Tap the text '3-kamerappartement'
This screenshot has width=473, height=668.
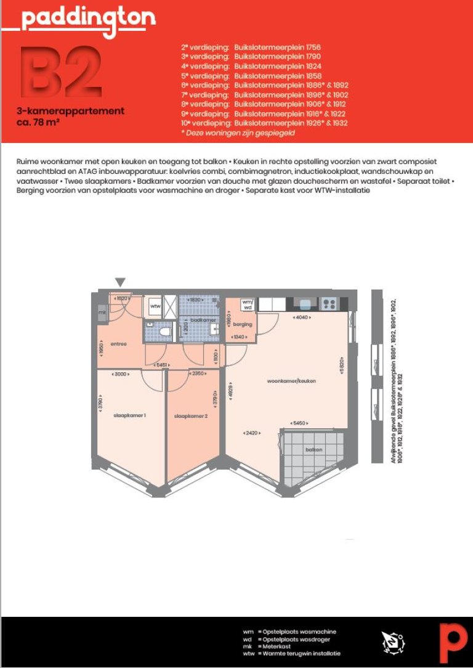[71, 112]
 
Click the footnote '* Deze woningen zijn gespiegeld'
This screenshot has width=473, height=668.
[238, 132]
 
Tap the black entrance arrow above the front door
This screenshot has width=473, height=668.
[120, 282]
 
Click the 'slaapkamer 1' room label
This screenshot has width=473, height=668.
[129, 415]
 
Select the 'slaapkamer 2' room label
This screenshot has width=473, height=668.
[191, 415]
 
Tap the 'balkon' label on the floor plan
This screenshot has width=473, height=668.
[314, 450]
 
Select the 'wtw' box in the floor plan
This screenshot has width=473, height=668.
[155, 306]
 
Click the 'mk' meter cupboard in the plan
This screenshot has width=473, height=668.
[102, 312]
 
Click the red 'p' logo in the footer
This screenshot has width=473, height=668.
[453, 642]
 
